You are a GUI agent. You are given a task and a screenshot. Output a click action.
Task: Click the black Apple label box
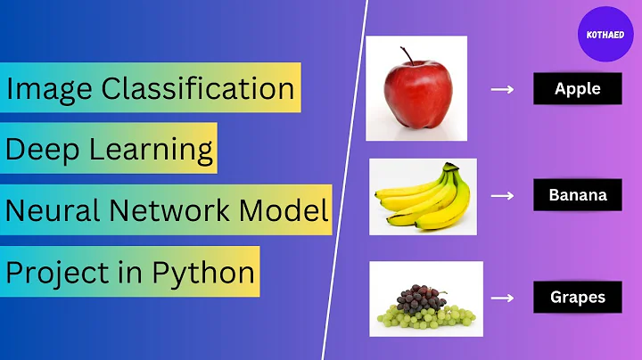point(577,88)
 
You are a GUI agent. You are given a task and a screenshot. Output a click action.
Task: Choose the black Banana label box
point(577,193)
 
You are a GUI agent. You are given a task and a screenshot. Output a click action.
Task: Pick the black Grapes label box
point(577,297)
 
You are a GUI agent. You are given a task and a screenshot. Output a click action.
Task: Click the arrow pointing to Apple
point(503,89)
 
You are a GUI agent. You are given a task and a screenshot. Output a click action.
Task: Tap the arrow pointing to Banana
point(503,194)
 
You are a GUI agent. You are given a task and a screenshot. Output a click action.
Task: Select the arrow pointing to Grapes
point(503,298)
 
